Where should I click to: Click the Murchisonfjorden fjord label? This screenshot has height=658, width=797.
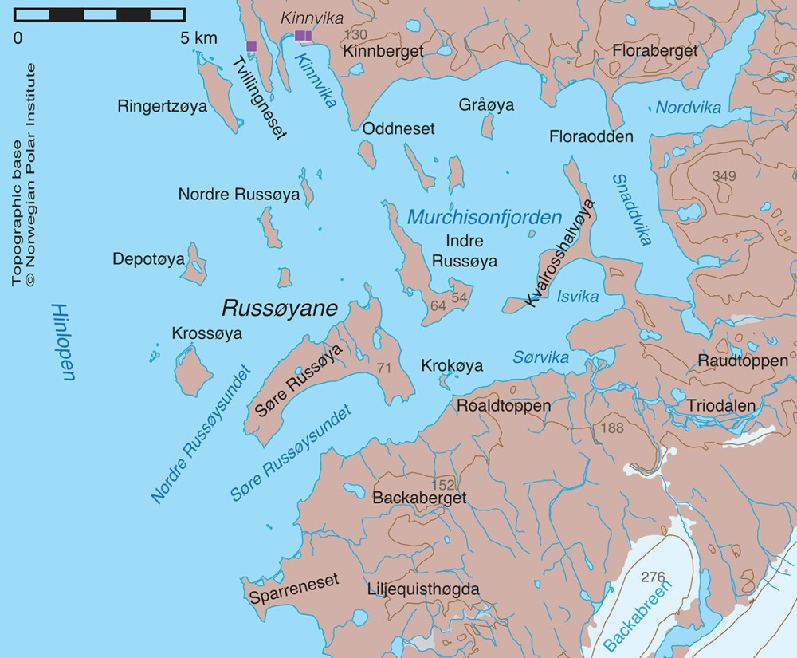coord(485,217)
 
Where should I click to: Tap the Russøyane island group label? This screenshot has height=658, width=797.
coord(279,308)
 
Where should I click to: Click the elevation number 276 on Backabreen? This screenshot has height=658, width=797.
coord(653,577)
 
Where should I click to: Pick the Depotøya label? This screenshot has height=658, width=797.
coord(148,259)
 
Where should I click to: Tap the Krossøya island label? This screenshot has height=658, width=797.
coord(206,333)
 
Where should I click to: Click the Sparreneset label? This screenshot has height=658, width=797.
coord(294,579)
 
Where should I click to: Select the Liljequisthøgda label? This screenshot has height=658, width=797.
coord(423,589)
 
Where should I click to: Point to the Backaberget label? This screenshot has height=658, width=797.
coord(419,498)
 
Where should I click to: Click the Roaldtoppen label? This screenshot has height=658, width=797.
coord(503,406)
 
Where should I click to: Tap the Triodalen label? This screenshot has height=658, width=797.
coord(721,406)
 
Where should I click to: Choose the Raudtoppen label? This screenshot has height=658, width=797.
coord(732,360)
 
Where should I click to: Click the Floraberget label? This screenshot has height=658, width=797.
coord(654,51)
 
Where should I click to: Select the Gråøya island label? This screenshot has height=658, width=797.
coord(486,105)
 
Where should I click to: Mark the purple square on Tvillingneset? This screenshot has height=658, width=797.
coord(252,46)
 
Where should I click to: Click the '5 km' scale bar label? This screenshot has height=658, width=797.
coord(195,37)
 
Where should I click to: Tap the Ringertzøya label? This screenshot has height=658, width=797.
coord(162,106)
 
